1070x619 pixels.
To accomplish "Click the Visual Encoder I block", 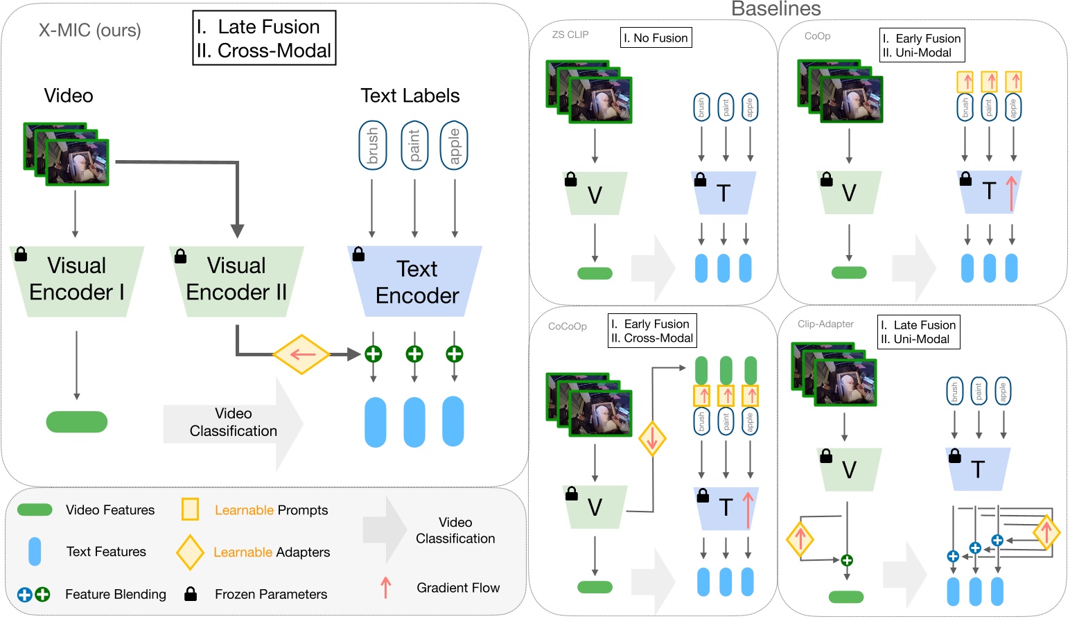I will pyautogui.click(x=77, y=280).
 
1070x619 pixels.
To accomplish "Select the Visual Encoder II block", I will pyautogui.click(x=236, y=280).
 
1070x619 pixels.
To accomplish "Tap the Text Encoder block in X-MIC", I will pyautogui.click(x=416, y=281).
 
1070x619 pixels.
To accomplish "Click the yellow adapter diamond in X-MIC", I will pyautogui.click(x=301, y=354).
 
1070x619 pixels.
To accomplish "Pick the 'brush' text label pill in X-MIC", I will pyautogui.click(x=372, y=146).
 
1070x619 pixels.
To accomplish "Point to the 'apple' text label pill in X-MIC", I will pyautogui.click(x=454, y=146).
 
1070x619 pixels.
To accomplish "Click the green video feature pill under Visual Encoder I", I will pyautogui.click(x=77, y=421).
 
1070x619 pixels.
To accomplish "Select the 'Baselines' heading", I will pyautogui.click(x=775, y=9).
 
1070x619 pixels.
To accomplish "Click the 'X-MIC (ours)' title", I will pyautogui.click(x=89, y=30).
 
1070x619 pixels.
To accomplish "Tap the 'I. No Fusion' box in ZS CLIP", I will pyautogui.click(x=656, y=38).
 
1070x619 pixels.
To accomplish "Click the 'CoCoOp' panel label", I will pyautogui.click(x=567, y=326).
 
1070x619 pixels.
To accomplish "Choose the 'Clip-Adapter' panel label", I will pyautogui.click(x=825, y=324).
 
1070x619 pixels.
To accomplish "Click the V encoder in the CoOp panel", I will pyautogui.click(x=849, y=193).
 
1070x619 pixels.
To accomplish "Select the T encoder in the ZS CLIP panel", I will pyautogui.click(x=723, y=193).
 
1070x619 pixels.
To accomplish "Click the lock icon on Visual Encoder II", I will pyautogui.click(x=181, y=256).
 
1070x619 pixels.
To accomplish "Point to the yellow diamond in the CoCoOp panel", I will pyautogui.click(x=652, y=438).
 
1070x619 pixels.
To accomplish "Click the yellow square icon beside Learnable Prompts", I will pyautogui.click(x=190, y=509).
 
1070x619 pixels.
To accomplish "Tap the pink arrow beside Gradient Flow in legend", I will pyautogui.click(x=386, y=588).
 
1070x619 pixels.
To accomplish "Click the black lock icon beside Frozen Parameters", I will pyautogui.click(x=191, y=594).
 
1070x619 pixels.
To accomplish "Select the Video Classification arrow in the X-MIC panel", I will pyautogui.click(x=234, y=422).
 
